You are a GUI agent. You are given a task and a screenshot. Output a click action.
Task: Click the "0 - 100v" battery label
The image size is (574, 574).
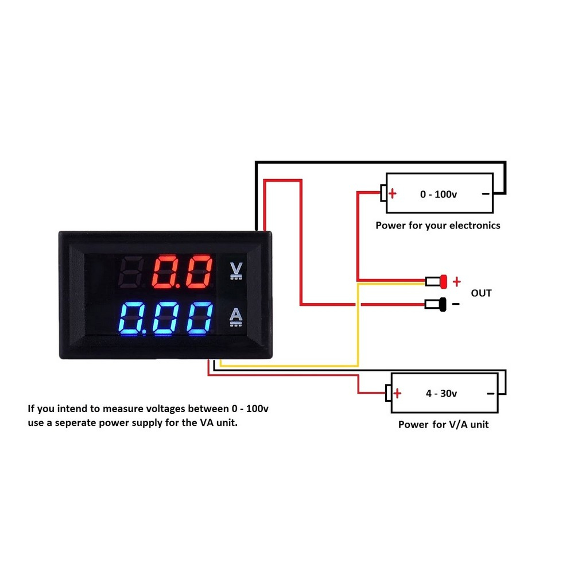(439, 194)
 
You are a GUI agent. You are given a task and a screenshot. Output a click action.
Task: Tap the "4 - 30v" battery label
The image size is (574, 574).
(441, 393)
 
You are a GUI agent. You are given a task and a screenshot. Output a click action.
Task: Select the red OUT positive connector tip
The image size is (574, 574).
(444, 281)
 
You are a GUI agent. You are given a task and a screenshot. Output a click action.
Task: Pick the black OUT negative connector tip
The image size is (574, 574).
(443, 304)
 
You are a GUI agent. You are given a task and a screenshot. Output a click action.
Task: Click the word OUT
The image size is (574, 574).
(481, 293)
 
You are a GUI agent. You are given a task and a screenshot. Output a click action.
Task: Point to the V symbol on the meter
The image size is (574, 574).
(235, 270)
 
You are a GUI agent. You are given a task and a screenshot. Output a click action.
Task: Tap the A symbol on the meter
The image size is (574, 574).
(235, 316)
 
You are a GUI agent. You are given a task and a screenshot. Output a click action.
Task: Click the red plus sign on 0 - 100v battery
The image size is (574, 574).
(393, 193)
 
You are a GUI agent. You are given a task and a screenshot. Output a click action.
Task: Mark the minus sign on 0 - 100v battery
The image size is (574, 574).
(486, 193)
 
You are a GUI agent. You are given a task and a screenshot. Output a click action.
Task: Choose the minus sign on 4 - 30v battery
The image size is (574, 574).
(491, 393)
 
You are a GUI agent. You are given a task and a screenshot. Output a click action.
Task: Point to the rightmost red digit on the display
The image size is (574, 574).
(199, 272)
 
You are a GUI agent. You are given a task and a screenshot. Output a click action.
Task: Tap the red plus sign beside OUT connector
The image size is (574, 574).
(457, 281)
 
